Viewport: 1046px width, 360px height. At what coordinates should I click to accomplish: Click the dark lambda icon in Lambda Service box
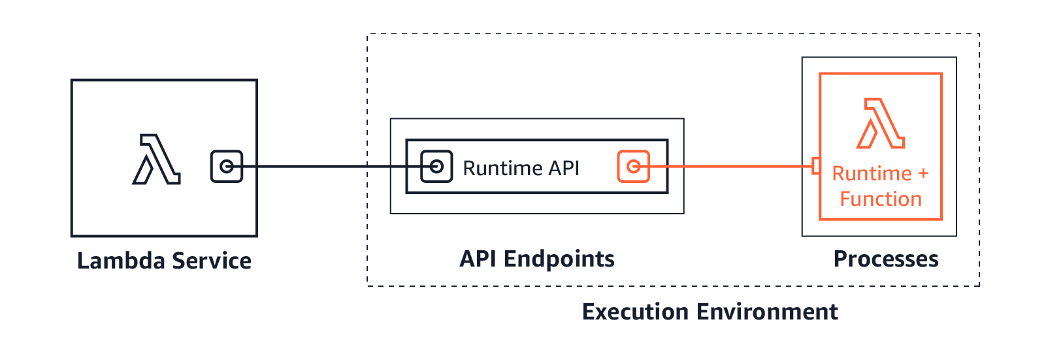point(156,159)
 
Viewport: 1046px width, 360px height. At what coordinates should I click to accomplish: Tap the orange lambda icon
point(880,123)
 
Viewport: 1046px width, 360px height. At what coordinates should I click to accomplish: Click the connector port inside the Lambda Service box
point(227,167)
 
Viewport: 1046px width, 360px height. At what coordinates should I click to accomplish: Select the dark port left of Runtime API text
point(436,167)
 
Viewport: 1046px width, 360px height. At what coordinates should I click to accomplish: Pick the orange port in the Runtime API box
point(633,167)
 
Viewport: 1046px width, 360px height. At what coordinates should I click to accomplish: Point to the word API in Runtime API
point(564,168)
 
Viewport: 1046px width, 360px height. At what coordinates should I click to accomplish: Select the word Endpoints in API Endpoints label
point(559,259)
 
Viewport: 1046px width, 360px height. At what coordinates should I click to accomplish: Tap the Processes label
point(886,259)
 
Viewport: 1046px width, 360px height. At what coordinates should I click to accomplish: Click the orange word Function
point(881,199)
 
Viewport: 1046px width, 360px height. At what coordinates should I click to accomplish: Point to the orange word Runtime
point(872,174)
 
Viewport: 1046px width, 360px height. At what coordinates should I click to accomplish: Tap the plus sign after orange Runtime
point(923,174)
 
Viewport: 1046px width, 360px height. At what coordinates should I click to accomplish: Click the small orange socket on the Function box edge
point(815,166)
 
